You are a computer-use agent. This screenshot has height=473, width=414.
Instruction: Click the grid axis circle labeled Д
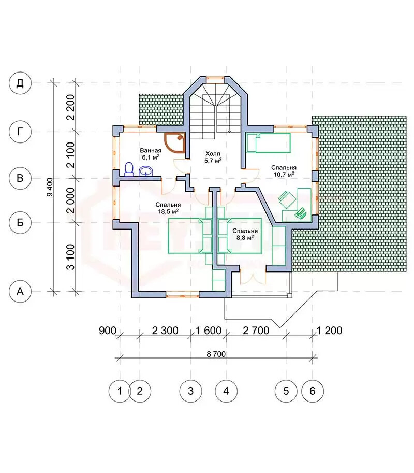point(20,83)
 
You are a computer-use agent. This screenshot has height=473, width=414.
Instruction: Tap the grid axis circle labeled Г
point(20,132)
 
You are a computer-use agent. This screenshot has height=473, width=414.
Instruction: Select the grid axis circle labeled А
point(20,291)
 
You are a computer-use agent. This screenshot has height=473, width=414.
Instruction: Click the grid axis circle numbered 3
point(191,391)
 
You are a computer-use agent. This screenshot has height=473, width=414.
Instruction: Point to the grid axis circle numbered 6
point(313,391)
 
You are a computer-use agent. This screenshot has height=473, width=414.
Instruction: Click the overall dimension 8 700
point(216,354)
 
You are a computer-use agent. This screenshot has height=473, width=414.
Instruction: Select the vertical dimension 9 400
point(50,188)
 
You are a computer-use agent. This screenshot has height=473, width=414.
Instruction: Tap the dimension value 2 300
point(165,331)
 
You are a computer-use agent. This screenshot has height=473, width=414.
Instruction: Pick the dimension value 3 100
point(70,257)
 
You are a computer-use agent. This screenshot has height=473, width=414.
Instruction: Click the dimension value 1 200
point(329,331)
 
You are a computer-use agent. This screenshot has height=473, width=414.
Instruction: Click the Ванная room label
point(151,150)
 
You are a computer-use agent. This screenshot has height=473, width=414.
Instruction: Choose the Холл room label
point(213,154)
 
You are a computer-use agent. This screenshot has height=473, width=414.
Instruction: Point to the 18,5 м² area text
point(168,211)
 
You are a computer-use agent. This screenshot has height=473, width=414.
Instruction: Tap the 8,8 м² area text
point(245,237)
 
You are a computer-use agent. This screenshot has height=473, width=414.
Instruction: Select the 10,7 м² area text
point(284,174)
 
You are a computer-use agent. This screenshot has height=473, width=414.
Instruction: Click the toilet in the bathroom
point(129,169)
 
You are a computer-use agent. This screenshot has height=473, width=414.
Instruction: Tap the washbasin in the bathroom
point(146,171)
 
